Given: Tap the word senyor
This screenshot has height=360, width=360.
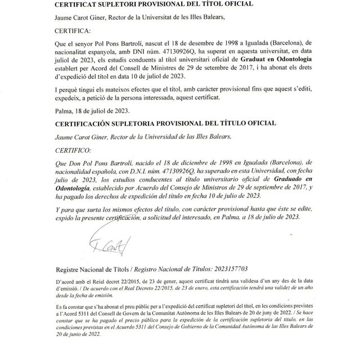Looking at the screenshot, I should click(91, 42).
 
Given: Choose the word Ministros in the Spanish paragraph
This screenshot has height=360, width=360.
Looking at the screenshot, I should click(197, 187).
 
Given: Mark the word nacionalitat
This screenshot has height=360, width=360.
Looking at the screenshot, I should click(75, 50).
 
